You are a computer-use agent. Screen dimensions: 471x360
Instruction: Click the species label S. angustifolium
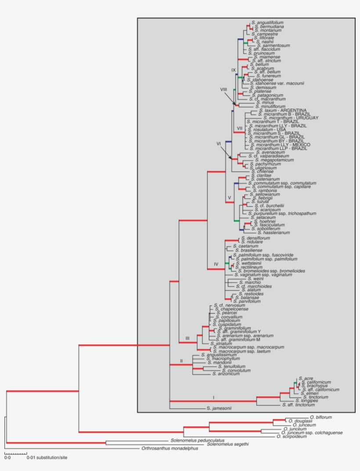[267, 22]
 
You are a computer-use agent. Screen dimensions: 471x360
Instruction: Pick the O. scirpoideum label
[290, 437]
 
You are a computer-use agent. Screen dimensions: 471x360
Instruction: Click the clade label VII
[240, 128]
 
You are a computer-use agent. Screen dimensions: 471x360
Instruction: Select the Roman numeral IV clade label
[216, 264]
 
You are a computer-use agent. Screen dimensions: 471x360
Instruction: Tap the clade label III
[187, 338]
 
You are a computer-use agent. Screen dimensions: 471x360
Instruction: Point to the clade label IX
[234, 70]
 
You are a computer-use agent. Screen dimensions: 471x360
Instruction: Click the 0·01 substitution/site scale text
[47, 457]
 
